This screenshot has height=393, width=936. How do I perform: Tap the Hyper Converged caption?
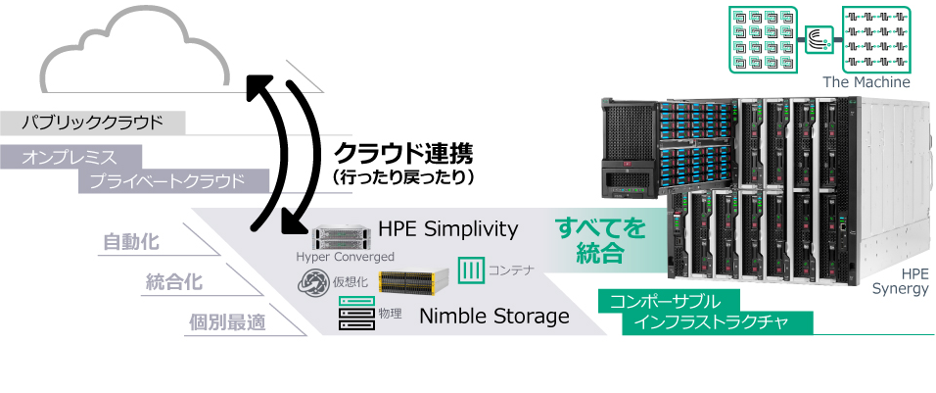(345, 257)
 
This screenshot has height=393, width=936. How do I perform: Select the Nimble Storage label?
(493, 316)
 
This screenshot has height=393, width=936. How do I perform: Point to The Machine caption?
(866, 82)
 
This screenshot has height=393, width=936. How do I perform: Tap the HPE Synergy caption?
(900, 282)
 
